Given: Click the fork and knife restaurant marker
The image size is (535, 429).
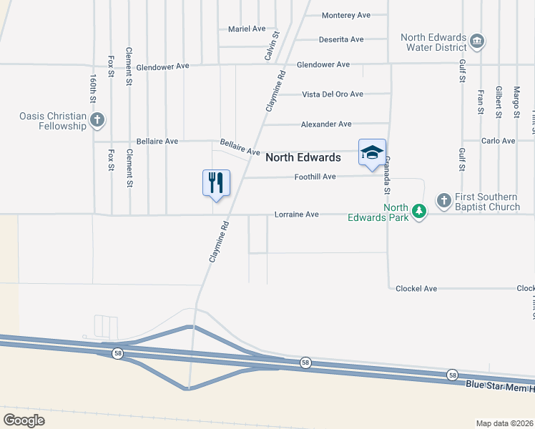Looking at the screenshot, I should pos(216,182).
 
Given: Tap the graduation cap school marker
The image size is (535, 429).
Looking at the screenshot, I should pos(372,152).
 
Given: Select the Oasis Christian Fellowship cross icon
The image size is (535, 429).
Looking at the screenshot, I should pos(98,120).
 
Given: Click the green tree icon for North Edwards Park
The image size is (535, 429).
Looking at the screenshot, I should pos(420,212).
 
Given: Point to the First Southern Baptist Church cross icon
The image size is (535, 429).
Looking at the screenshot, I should pos(443,200).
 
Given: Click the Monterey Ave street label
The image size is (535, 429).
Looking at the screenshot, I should pos(346,15).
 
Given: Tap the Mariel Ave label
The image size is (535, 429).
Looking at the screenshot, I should pos(247,29).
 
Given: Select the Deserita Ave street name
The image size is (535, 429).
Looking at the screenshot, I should pos(341,39).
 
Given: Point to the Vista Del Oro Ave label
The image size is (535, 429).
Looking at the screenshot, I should pos(333,94).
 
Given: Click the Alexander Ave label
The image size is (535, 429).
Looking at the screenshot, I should pos(326,124).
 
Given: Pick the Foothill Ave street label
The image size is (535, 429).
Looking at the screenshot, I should pos(315,177).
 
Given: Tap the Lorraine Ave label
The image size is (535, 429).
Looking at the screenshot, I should pos(297,214).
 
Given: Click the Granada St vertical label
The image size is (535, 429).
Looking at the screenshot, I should pos(387,175).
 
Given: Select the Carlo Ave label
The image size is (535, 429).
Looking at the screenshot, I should pos(499,141).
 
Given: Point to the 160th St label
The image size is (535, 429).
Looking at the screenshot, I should pos(93,87).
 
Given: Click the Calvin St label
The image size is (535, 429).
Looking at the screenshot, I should pos(272,44).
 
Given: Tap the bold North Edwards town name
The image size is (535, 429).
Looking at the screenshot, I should pos(303,157).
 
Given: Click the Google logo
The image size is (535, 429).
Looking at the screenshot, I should pos(24,420).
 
